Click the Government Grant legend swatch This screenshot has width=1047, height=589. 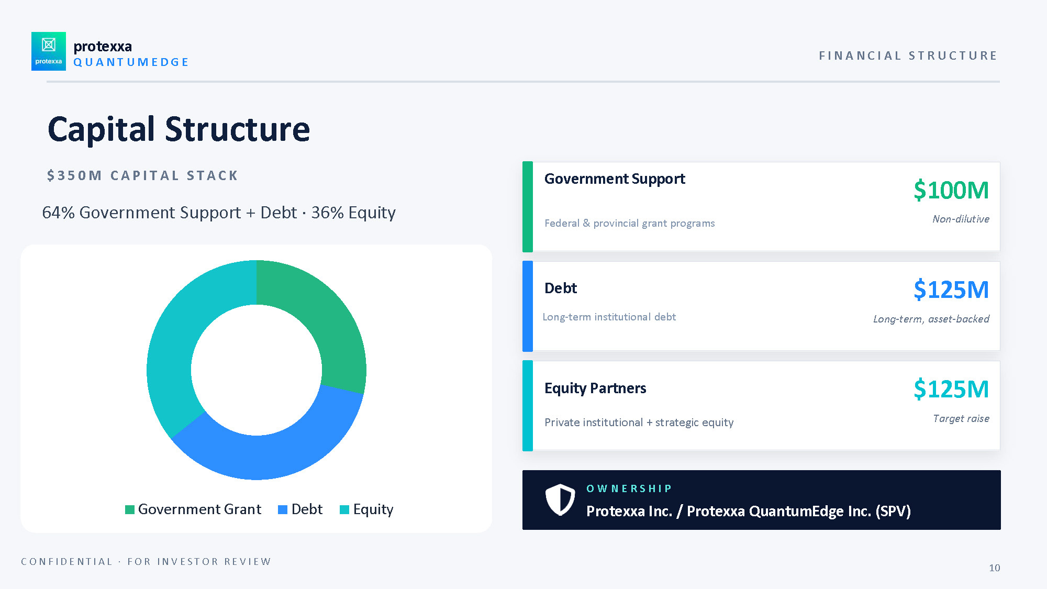(130, 509)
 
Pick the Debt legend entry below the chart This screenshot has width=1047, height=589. (300, 509)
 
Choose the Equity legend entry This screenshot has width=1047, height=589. (366, 509)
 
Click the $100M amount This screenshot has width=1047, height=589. (951, 190)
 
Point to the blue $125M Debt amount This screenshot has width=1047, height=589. (951, 290)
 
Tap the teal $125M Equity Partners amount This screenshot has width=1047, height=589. (951, 389)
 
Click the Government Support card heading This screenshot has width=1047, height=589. (615, 179)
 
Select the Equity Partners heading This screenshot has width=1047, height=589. (595, 388)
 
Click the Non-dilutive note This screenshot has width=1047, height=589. (961, 219)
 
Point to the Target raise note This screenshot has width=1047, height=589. (961, 418)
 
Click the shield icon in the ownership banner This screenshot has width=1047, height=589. (560, 499)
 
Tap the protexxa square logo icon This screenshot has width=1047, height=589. (49, 51)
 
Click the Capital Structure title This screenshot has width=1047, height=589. (179, 129)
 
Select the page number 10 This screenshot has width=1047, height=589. (995, 568)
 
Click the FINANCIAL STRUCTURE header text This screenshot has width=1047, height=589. (908, 55)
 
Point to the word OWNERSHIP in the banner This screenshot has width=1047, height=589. (629, 488)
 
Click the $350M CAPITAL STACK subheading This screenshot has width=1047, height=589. (142, 175)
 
